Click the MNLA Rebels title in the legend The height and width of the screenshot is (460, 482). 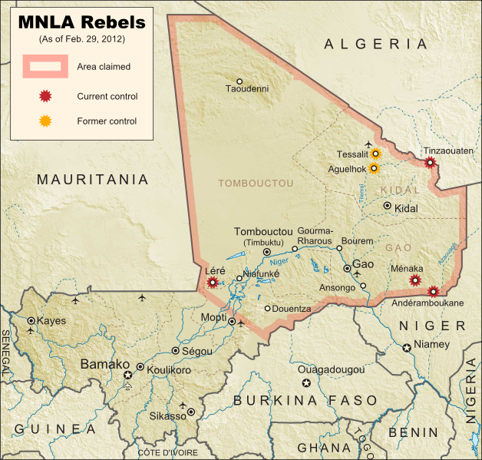(x=81, y=22)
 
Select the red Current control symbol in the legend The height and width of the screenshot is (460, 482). (x=45, y=97)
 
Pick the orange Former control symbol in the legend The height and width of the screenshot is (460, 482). (x=45, y=121)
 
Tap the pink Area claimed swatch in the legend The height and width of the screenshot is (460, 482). (x=45, y=67)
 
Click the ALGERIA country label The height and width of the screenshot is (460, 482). (x=375, y=45)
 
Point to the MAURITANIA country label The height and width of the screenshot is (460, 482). (x=93, y=180)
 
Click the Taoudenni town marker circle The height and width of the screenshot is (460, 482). (x=239, y=81)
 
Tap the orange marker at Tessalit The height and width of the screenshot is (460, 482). (x=375, y=154)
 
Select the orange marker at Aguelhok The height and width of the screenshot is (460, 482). (x=374, y=168)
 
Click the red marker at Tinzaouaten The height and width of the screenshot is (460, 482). (x=431, y=162)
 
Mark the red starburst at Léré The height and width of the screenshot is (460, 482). (x=213, y=282)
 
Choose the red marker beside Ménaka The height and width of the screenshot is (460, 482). (x=415, y=280)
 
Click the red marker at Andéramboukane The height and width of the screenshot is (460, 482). (x=433, y=291)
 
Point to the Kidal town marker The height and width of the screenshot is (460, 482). (x=388, y=206)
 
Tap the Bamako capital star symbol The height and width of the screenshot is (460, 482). (x=127, y=374)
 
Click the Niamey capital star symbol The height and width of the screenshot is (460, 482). (x=406, y=348)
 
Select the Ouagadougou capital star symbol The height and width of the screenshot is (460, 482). (x=307, y=382)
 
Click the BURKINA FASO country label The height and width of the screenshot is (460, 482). (x=305, y=401)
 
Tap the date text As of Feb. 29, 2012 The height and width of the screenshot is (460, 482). (x=81, y=38)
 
